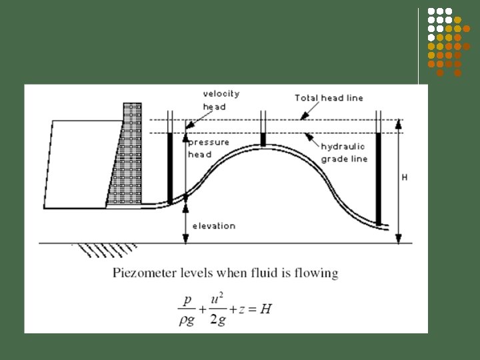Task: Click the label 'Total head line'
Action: pos(329,98)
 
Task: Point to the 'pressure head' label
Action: pos(208,148)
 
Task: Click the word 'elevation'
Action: pos(214,226)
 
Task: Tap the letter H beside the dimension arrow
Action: pos(404,178)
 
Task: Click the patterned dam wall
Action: pos(127,157)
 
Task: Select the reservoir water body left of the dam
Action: pos(77,163)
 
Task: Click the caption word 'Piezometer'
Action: pos(141,273)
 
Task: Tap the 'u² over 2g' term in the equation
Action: pos(217,308)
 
